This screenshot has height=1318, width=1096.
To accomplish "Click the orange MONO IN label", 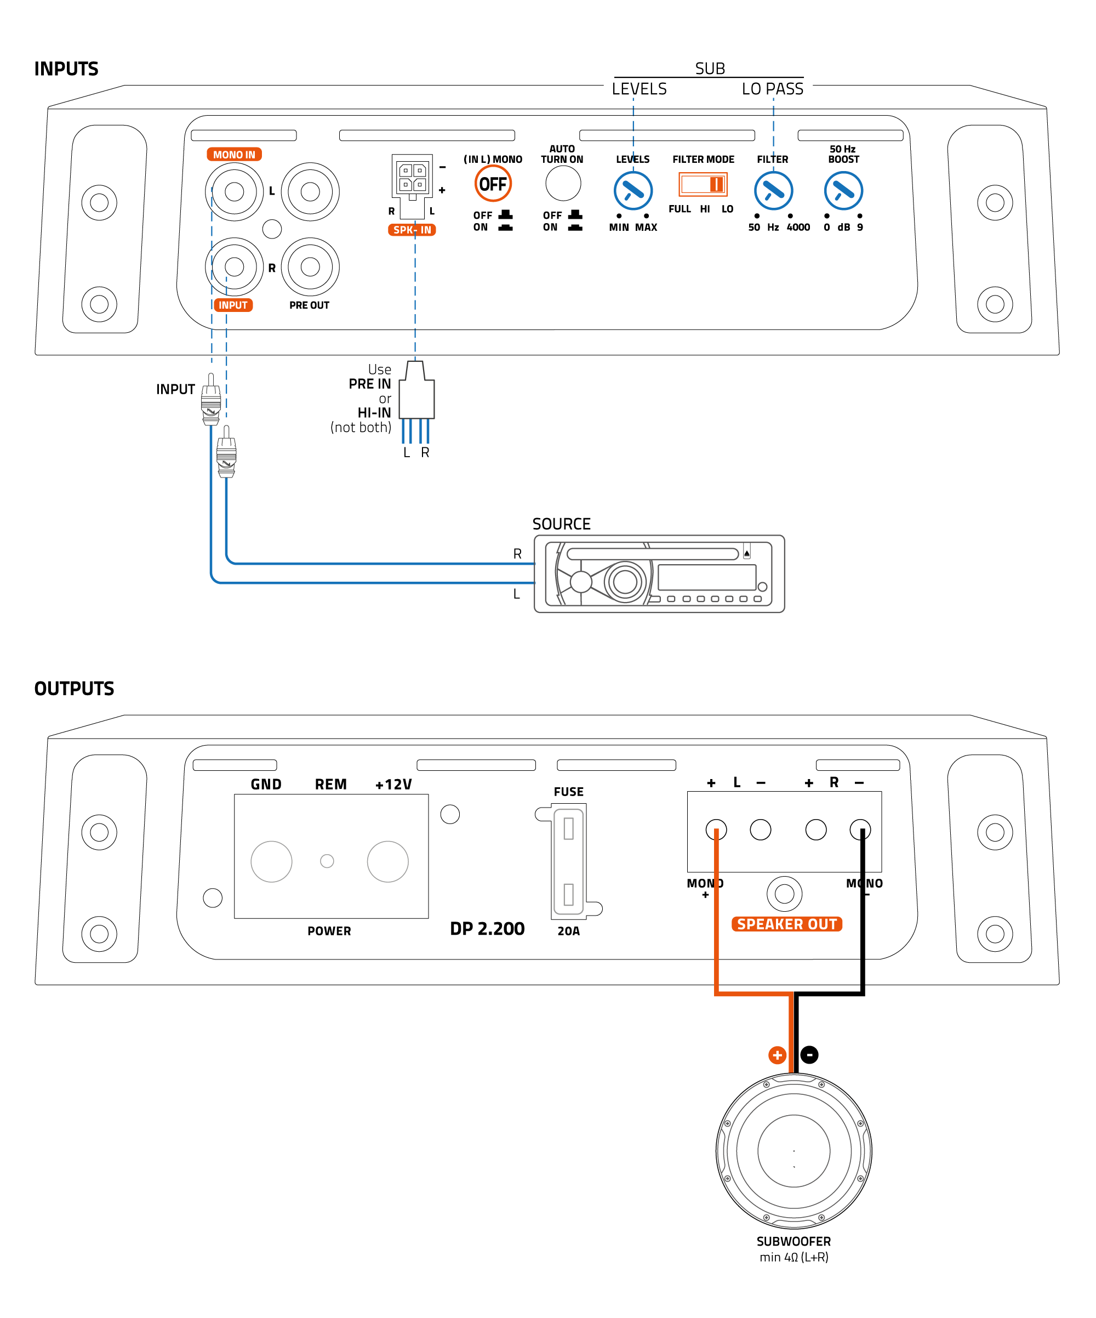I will [234, 155].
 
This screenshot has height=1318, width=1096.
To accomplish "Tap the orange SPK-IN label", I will [412, 230].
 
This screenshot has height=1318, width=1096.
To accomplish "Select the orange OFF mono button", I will [493, 184].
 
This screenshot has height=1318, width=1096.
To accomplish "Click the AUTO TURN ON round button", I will [563, 184].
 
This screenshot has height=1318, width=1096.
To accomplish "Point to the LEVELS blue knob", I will [633, 191].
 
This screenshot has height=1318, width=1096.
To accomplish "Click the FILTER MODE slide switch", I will [703, 184].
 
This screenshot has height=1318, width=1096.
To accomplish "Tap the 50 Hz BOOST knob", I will [843, 191].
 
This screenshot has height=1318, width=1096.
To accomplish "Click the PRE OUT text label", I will [309, 305].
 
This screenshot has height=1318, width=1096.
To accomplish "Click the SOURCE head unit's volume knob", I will [625, 581].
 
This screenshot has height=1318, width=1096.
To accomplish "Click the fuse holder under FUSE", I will [568, 862].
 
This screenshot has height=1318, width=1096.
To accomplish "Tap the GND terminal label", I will [266, 785].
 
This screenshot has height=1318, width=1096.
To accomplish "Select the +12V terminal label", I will [393, 785].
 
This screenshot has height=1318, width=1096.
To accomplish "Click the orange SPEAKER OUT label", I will [787, 924].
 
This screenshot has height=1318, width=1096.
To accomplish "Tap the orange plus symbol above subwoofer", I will [777, 1055].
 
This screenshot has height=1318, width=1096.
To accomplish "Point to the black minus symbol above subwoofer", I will [809, 1055].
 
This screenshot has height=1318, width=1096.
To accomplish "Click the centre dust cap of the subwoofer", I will [794, 1150].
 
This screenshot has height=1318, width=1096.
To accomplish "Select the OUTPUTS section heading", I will [74, 689].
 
